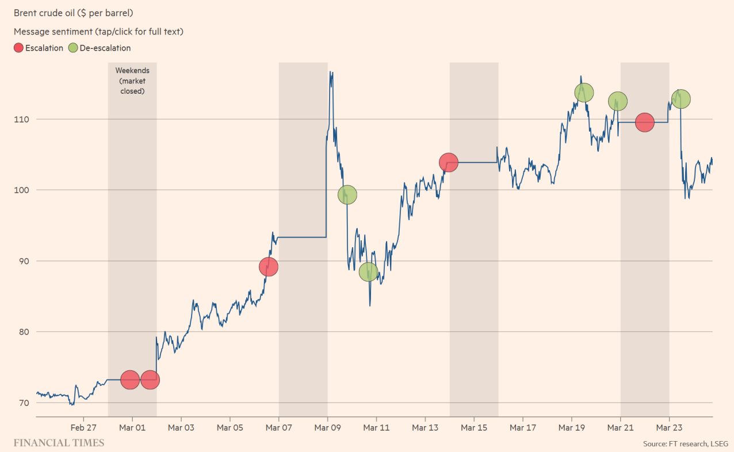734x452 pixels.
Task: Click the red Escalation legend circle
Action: point(18,48)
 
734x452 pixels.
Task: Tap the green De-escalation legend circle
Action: point(73,48)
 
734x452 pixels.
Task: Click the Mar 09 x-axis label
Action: point(327,427)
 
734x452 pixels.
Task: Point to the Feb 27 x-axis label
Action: point(83,427)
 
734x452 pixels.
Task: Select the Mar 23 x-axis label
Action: point(669,427)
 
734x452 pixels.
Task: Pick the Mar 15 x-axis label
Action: point(474,427)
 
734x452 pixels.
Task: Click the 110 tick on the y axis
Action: point(24,119)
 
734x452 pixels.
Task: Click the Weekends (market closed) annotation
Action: point(132,81)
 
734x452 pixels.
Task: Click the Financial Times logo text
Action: point(59,442)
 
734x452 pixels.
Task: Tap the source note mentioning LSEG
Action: point(685,443)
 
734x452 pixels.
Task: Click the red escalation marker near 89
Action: point(268,267)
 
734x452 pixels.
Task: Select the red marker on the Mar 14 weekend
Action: point(448,163)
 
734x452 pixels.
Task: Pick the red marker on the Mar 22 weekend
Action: point(645,122)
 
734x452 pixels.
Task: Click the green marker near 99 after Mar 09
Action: point(347,195)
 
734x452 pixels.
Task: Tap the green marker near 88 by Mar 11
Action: point(369,272)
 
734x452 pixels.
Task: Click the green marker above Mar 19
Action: point(584,92)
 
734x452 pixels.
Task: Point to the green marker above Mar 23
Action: point(681,99)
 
